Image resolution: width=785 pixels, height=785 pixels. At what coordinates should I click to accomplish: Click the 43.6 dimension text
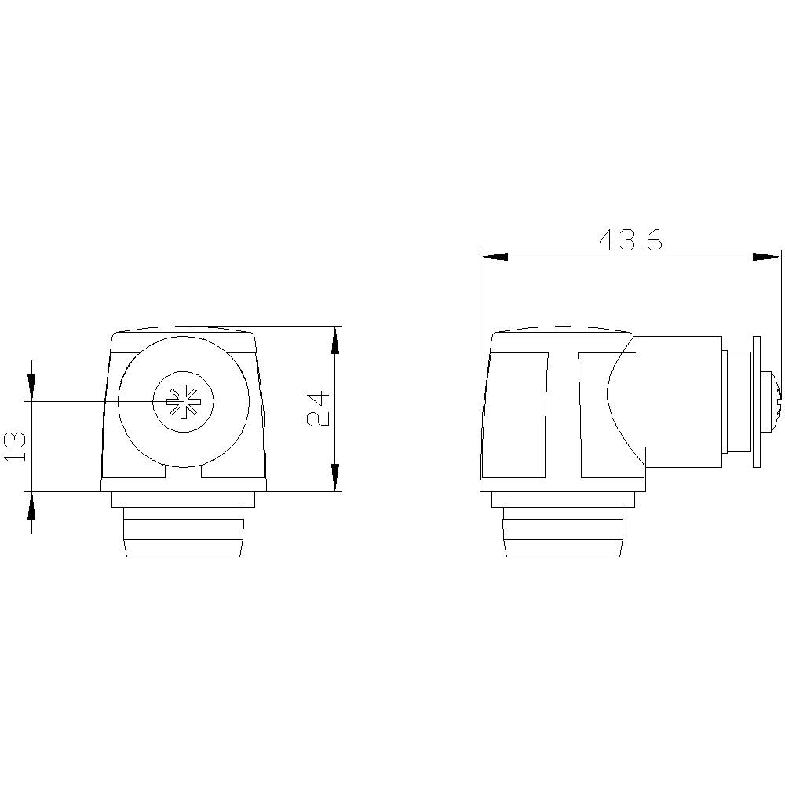pos(630,240)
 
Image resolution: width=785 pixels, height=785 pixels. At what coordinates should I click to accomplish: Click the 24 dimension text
pos(318,408)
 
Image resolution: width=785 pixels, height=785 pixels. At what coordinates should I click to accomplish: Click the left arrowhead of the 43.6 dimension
pos(494,256)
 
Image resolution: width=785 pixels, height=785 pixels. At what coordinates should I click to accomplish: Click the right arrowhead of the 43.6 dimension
pos(768,256)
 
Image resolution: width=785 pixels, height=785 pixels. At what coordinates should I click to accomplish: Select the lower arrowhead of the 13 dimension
pos(31,506)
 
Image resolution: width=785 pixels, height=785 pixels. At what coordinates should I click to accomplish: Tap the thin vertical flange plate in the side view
pos(757,402)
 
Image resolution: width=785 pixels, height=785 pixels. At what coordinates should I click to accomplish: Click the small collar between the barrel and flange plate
pos(736,402)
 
